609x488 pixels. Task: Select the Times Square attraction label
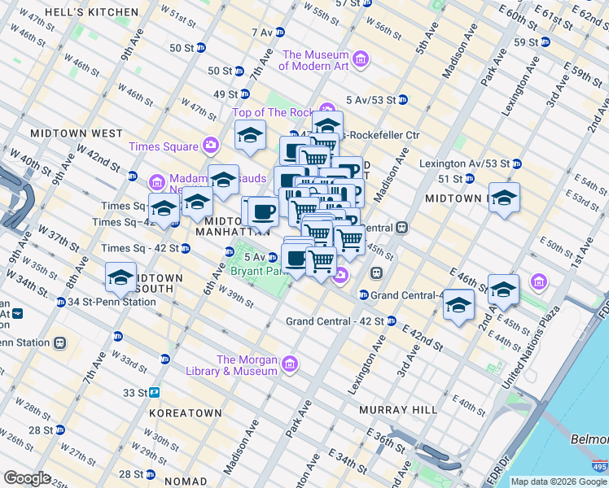(163, 146)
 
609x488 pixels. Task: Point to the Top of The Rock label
(273, 112)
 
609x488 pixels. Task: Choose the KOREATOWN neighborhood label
(186, 413)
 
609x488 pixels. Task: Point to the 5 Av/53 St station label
(370, 100)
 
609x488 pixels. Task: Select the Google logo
(27, 478)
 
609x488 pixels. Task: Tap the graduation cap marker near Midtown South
(120, 278)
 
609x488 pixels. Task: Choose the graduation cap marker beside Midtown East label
(504, 199)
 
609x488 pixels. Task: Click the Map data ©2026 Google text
(559, 481)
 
